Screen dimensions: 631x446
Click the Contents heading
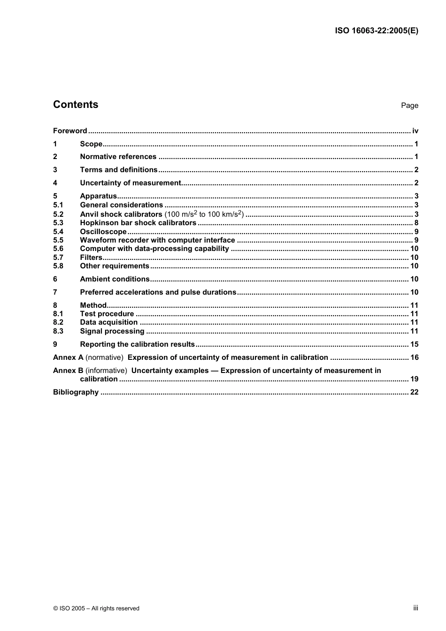(x=76, y=105)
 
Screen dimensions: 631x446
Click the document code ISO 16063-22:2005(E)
(x=376, y=31)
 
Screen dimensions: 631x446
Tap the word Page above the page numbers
(x=409, y=106)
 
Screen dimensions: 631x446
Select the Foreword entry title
(x=70, y=131)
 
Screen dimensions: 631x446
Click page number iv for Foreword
(x=415, y=131)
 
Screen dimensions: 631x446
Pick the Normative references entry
(x=118, y=157)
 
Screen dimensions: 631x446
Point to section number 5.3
(x=58, y=223)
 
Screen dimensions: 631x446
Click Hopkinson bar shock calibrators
(x=138, y=223)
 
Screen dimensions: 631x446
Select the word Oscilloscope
(x=103, y=232)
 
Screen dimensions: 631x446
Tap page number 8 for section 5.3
(x=416, y=223)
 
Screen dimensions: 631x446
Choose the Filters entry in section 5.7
(x=91, y=258)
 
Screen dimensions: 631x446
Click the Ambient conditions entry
(x=115, y=279)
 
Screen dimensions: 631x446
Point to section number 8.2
(x=58, y=322)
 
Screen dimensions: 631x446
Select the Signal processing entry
(x=112, y=331)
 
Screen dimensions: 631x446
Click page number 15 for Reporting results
(x=414, y=344)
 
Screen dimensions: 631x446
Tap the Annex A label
(x=68, y=357)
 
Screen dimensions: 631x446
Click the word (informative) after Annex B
(x=106, y=371)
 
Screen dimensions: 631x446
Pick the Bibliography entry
(x=76, y=392)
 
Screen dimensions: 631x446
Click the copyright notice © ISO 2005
(x=96, y=608)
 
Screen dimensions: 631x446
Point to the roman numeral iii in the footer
(x=415, y=608)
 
